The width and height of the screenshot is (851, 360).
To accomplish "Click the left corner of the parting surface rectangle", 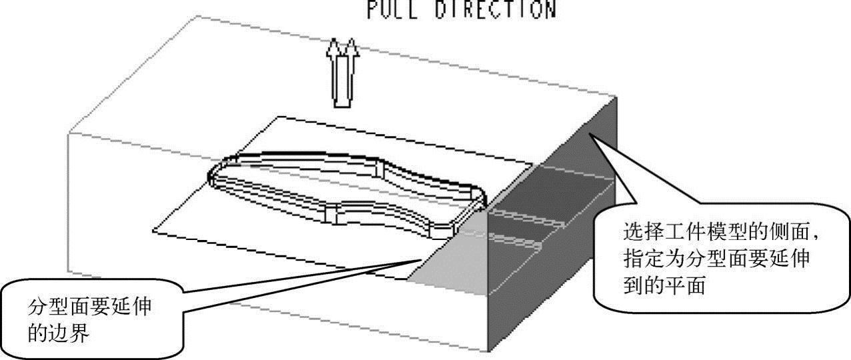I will [153, 231].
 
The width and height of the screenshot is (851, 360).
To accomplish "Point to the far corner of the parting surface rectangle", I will [279, 117].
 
